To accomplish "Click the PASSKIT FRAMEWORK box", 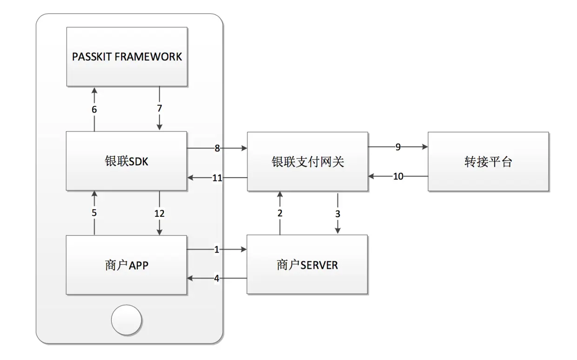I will pyautogui.click(x=127, y=56).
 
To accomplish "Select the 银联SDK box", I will pyautogui.click(x=127, y=161).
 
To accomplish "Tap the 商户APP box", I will pyautogui.click(x=127, y=265).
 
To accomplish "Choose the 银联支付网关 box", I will pyautogui.click(x=307, y=161).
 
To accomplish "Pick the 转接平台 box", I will pyautogui.click(x=488, y=161).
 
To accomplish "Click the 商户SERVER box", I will pyautogui.click(x=307, y=265).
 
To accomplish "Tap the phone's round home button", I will pyautogui.click(x=127, y=320).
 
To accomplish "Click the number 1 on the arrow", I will pyautogui.click(x=216, y=250).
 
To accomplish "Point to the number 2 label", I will pyautogui.click(x=280, y=213).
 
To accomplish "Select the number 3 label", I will pyautogui.click(x=338, y=213).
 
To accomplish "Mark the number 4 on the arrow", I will pyautogui.click(x=216, y=279).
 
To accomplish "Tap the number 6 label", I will pyautogui.click(x=94, y=109).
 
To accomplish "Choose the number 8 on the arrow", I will pyautogui.click(x=217, y=148).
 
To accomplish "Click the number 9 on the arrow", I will pyautogui.click(x=398, y=147).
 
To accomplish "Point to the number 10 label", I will pyautogui.click(x=398, y=176).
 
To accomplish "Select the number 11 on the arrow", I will pyautogui.click(x=217, y=177).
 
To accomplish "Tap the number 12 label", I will pyautogui.click(x=160, y=213).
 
